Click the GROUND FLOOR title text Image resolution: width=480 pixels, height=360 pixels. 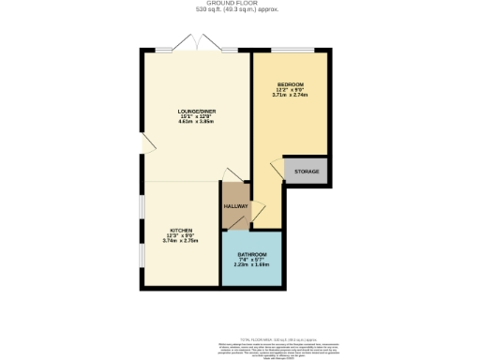pyautogui.click(x=240, y=4)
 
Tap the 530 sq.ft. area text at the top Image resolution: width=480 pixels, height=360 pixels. pyautogui.click(x=240, y=10)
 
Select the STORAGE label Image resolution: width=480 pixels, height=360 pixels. pyautogui.click(x=307, y=172)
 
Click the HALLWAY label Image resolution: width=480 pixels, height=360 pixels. pyautogui.click(x=235, y=206)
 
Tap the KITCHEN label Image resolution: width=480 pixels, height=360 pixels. pyautogui.click(x=180, y=231)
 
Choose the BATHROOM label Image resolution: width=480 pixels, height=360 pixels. pyautogui.click(x=251, y=254)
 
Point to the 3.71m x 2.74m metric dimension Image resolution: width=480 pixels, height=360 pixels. pyautogui.click(x=290, y=95)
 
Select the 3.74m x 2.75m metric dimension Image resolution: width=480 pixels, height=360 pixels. pyautogui.click(x=180, y=242)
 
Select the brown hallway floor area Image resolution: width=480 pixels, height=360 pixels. pyautogui.click(x=235, y=197)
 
